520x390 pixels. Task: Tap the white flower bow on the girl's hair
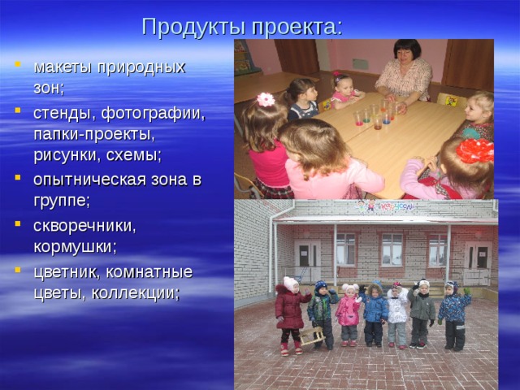click(x=266, y=99)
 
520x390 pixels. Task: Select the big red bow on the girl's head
click(x=475, y=150)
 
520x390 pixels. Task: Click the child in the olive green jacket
click(x=422, y=311)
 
